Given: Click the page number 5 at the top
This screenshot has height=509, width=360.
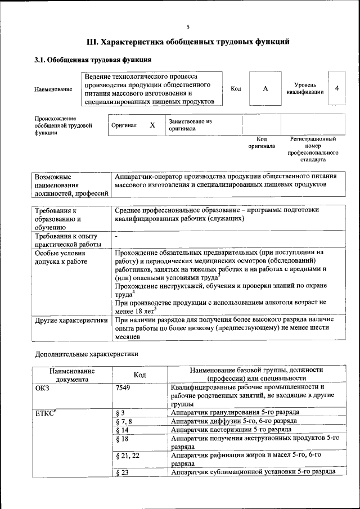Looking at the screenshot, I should pos(188,26).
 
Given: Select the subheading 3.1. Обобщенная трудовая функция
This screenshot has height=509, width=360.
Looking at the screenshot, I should pos(92,60).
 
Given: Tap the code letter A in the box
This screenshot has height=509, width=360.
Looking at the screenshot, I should pos(265,89).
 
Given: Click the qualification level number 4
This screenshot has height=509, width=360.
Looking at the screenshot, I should pos(336,88).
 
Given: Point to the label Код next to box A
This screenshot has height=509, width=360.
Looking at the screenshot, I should pos(236,89).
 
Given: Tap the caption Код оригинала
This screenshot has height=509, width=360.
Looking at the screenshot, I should pos(262,142).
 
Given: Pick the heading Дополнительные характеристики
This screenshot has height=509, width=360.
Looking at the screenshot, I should pos(86,354).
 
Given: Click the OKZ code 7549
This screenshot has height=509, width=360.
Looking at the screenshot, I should pos(123,388).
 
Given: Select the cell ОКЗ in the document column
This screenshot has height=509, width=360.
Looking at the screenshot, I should pos(43,388).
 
